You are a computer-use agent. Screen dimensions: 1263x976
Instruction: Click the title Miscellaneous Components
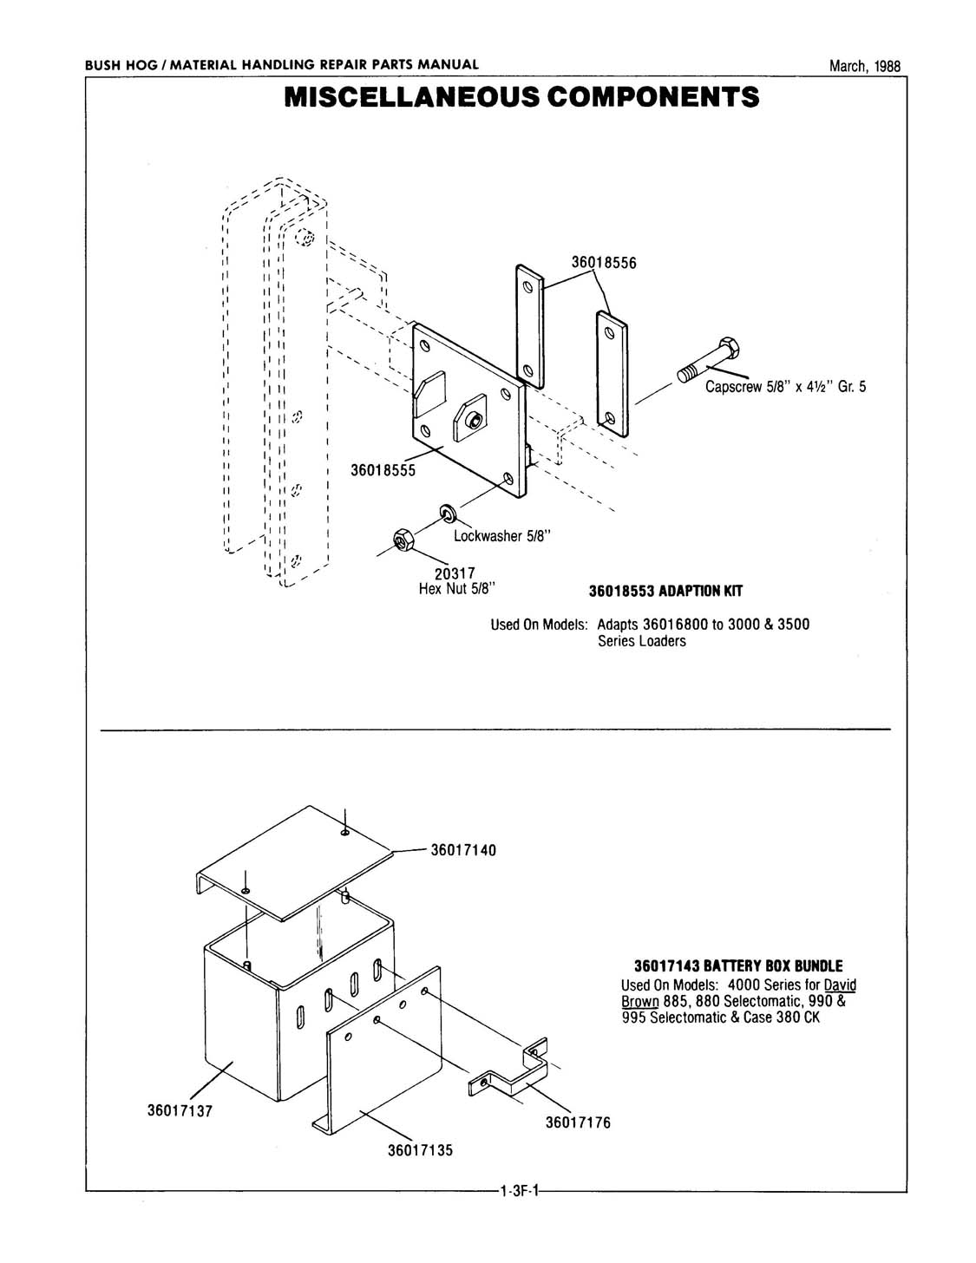[x=521, y=96]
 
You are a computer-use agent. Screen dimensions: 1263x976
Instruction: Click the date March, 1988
[x=864, y=66]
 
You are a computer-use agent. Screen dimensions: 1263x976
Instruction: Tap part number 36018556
[x=604, y=263]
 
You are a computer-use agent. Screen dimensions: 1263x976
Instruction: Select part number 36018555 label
[x=383, y=470]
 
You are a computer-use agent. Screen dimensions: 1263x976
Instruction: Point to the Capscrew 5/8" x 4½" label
[x=784, y=387]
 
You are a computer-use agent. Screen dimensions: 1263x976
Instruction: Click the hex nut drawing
[x=402, y=540]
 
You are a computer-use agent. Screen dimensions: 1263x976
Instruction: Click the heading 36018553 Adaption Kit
[x=665, y=592]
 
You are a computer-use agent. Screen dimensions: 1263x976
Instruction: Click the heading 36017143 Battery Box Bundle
[x=737, y=966]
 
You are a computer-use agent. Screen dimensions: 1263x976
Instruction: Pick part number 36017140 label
[x=463, y=850]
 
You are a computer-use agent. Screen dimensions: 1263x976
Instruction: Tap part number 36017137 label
[x=180, y=1110]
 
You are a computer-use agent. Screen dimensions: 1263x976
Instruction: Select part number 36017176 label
[x=577, y=1122]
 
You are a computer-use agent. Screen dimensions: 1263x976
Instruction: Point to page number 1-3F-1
[x=520, y=1191]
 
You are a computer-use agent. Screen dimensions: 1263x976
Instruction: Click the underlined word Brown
[x=640, y=1000]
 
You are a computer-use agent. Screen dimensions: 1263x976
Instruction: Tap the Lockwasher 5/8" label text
[x=502, y=536]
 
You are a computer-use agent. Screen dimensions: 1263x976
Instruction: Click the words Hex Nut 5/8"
[x=455, y=589]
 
